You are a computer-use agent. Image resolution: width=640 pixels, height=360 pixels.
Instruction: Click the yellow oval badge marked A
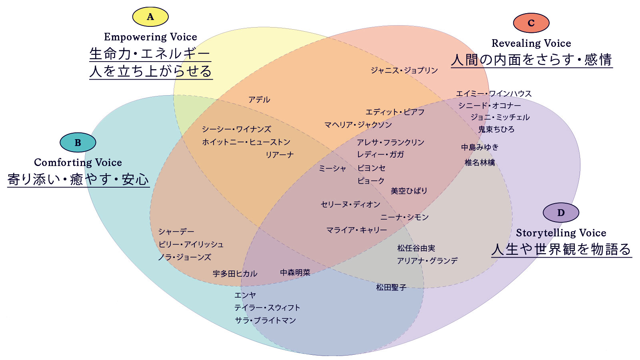pyautogui.click(x=150, y=16)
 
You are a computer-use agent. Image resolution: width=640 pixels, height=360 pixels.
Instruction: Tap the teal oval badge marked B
pyautogui.click(x=78, y=142)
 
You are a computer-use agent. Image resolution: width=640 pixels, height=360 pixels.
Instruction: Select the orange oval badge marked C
pyautogui.click(x=531, y=23)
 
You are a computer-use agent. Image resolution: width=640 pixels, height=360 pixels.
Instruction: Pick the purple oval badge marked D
pyautogui.click(x=561, y=212)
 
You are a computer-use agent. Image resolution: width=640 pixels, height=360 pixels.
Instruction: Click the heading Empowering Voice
pyautogui.click(x=150, y=37)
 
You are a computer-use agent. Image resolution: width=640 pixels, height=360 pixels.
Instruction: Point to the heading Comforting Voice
pyautogui.click(x=78, y=162)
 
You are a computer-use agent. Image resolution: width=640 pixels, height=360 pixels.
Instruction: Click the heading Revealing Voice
pyautogui.click(x=531, y=43)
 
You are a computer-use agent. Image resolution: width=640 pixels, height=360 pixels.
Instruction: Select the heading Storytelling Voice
pyautogui.click(x=561, y=233)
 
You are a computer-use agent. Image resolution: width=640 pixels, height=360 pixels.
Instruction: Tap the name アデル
pyautogui.click(x=259, y=100)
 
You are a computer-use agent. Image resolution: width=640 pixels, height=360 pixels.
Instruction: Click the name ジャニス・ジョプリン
pyautogui.click(x=404, y=70)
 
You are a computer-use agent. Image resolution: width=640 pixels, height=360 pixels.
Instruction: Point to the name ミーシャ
pyautogui.click(x=332, y=168)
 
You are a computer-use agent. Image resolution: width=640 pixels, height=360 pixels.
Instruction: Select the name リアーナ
pyautogui.click(x=280, y=155)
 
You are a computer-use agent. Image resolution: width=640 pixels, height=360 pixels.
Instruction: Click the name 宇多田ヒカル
pyautogui.click(x=235, y=274)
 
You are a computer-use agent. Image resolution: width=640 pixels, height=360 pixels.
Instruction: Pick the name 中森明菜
pyautogui.click(x=295, y=272)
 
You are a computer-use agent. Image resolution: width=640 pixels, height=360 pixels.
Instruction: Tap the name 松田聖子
pyautogui.click(x=391, y=288)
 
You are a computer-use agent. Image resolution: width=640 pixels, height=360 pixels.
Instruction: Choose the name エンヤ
pyautogui.click(x=245, y=295)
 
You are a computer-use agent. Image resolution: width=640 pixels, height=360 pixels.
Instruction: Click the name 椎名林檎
pyautogui.click(x=480, y=162)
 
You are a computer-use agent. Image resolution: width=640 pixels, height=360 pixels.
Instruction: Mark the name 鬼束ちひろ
pyautogui.click(x=496, y=130)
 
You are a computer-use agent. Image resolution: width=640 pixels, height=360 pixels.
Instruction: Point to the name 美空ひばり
pyautogui.click(x=409, y=191)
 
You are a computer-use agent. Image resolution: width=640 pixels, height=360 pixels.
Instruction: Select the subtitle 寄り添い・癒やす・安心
pyautogui.click(x=78, y=180)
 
